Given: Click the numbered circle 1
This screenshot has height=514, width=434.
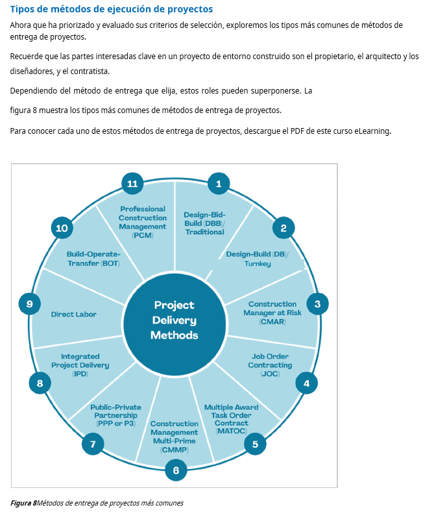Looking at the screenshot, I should pos(219,184).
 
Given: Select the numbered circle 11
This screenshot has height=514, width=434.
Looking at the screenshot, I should pos(132,184).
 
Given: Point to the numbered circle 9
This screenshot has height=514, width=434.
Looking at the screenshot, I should pos(29,303).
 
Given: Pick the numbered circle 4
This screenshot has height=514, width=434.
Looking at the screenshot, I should pos(306,383).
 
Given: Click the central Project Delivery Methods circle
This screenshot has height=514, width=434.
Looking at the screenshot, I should pos(175,320).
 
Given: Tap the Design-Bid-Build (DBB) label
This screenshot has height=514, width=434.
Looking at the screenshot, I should pos(204,223).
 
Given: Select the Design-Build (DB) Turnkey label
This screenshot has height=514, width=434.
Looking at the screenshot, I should pos(258,259).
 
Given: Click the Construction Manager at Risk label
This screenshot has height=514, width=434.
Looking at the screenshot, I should pos(272,313).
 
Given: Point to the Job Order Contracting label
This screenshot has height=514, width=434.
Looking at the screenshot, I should pos(271,365).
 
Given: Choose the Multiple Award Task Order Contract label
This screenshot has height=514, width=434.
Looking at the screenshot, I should pos(232,419).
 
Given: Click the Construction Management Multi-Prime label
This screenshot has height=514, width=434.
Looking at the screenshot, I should pos(174,436).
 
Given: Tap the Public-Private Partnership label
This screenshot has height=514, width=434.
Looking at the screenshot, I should pos(115,415).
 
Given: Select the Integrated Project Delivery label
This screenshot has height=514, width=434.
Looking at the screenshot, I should pos(80,365).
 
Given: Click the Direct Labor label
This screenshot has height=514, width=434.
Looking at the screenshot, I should pos(74,315).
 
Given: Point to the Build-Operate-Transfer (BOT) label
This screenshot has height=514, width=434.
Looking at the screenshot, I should pos(93,259).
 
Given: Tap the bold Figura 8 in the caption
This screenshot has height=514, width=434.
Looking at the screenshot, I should pos(23,502).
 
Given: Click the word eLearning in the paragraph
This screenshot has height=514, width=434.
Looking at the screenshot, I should pos(372,131).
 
